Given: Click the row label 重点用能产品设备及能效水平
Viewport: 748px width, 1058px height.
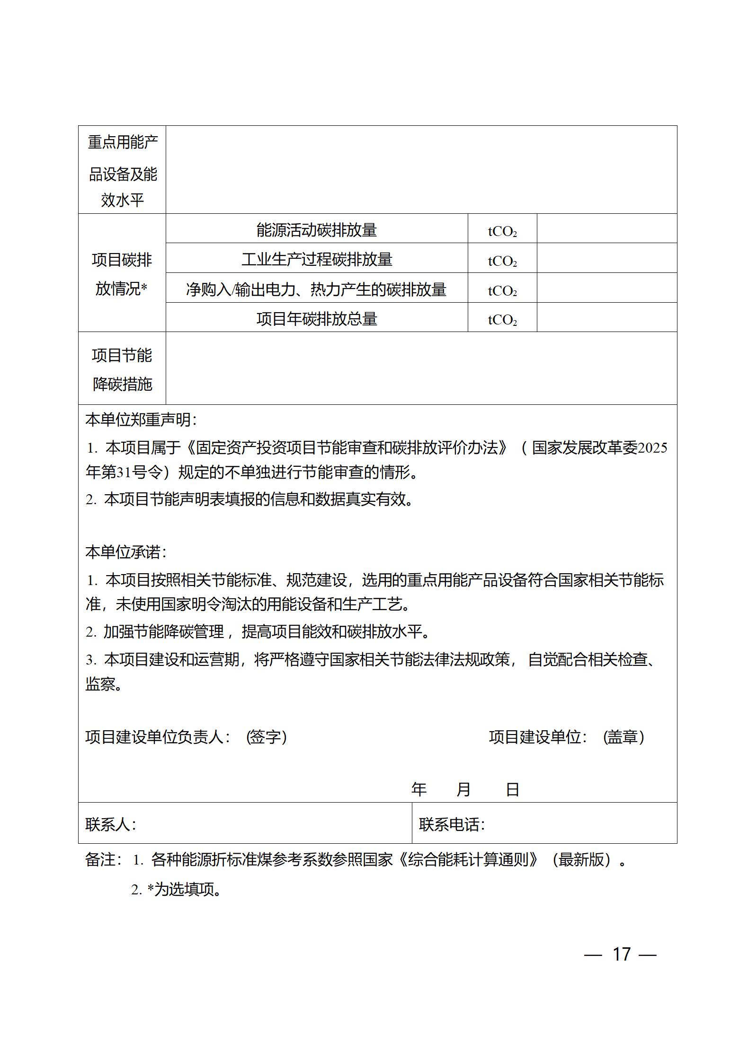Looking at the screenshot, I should pyautogui.click(x=122, y=171).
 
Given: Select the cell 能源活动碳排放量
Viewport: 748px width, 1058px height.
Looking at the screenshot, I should pyautogui.click(x=316, y=230).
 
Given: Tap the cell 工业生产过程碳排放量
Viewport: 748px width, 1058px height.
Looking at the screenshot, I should pyautogui.click(x=316, y=259).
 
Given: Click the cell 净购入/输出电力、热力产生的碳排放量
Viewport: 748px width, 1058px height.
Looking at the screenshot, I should pyautogui.click(x=316, y=289).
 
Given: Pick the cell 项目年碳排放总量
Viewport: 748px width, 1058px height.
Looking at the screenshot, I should pyautogui.click(x=316, y=318).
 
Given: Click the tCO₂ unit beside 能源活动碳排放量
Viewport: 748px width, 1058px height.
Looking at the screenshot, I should pyautogui.click(x=502, y=231).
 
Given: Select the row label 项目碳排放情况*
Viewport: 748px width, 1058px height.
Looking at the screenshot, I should pyautogui.click(x=122, y=274).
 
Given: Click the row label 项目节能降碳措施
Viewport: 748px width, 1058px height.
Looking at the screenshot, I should pyautogui.click(x=122, y=369).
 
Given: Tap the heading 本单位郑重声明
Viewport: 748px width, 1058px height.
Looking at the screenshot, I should pyautogui.click(x=141, y=420).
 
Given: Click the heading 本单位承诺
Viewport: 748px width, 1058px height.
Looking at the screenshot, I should pyautogui.click(x=125, y=552).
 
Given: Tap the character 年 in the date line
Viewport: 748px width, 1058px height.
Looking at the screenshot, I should pyautogui.click(x=419, y=789).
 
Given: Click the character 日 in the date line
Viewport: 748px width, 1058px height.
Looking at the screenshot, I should pyautogui.click(x=513, y=789).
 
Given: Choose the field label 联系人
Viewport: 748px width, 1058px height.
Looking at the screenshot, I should pyautogui.click(x=111, y=824).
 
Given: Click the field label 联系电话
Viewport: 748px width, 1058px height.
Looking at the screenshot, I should pyautogui.click(x=452, y=824).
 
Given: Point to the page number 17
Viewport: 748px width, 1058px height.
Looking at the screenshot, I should pyautogui.click(x=622, y=954).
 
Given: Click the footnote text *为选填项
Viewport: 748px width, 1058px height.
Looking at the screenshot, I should pyautogui.click(x=185, y=890).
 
